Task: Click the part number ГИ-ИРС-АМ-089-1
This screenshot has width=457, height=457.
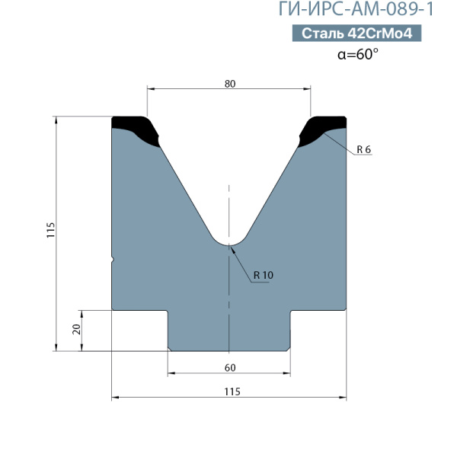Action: pyautogui.click(x=356, y=9)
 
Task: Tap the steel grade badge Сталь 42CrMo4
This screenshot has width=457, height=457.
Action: pyautogui.click(x=356, y=33)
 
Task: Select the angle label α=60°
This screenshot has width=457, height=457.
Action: pyautogui.click(x=358, y=54)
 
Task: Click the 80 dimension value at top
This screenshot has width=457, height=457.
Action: pyautogui.click(x=230, y=84)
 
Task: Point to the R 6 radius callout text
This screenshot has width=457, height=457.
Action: pyautogui.click(x=364, y=149)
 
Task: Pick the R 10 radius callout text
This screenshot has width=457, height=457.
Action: pyautogui.click(x=264, y=275)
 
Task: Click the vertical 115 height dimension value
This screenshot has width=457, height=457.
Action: pyautogui.click(x=51, y=230)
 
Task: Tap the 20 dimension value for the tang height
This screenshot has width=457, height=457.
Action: pyautogui.click(x=76, y=329)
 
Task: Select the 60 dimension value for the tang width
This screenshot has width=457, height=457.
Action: pyautogui.click(x=230, y=368)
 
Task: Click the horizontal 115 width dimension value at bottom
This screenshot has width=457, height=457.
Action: pyautogui.click(x=232, y=391)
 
